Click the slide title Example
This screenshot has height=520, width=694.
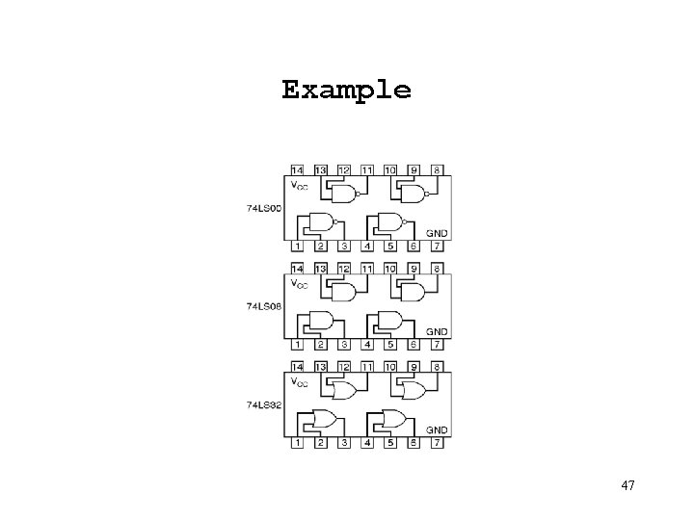tap(346, 91)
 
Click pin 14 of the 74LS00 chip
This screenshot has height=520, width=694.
tap(297, 169)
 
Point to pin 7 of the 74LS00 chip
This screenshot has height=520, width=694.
tap(437, 245)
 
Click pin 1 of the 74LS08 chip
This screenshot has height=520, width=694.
tap(297, 344)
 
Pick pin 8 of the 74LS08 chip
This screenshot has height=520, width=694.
tap(437, 269)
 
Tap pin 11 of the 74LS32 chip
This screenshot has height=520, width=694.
tap(366, 368)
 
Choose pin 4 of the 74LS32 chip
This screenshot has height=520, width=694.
tap(366, 443)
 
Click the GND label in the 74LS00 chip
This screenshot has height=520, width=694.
tap(437, 232)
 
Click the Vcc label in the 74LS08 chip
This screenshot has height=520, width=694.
tap(300, 283)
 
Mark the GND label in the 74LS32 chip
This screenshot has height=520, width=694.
tap(437, 429)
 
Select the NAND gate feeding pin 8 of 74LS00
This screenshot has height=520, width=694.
tap(413, 194)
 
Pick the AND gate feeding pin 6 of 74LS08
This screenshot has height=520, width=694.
tap(391, 321)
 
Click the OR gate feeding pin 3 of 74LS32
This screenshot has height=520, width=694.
tap(321, 420)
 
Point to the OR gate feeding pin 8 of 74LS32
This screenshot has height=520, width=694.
tap(413, 391)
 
